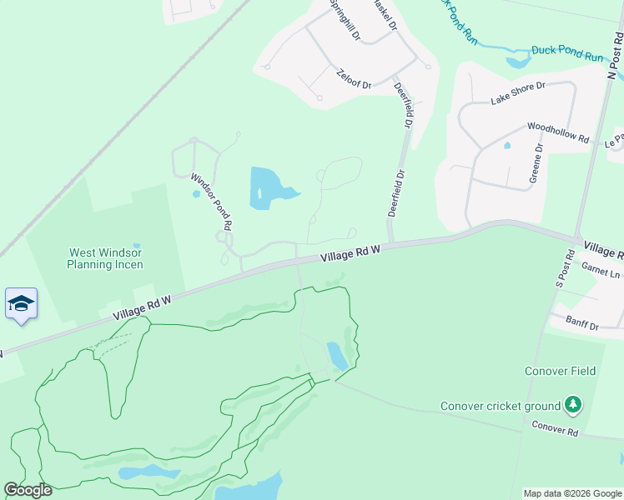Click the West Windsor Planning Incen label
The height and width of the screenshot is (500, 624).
pyautogui.click(x=106, y=258)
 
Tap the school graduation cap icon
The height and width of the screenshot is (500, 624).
pyautogui.click(x=21, y=302)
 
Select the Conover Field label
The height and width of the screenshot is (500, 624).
pyautogui.click(x=560, y=371)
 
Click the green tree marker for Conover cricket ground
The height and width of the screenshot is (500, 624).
pyautogui.click(x=572, y=406)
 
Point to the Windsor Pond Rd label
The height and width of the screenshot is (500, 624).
pyautogui.click(x=211, y=201)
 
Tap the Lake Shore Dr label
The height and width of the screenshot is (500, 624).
pyautogui.click(x=517, y=92)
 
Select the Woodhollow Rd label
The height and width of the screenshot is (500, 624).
pyautogui.click(x=558, y=132)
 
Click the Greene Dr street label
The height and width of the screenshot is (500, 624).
pyautogui.click(x=536, y=164)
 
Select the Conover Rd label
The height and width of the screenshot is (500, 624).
pyautogui.click(x=555, y=428)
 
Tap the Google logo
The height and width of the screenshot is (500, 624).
pyautogui.click(x=28, y=489)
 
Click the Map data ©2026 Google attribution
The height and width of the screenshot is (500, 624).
pyautogui.click(x=571, y=493)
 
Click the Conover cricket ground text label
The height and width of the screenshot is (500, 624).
pyautogui.click(x=501, y=407)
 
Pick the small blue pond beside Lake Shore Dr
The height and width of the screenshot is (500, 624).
pyautogui.click(x=507, y=146)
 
